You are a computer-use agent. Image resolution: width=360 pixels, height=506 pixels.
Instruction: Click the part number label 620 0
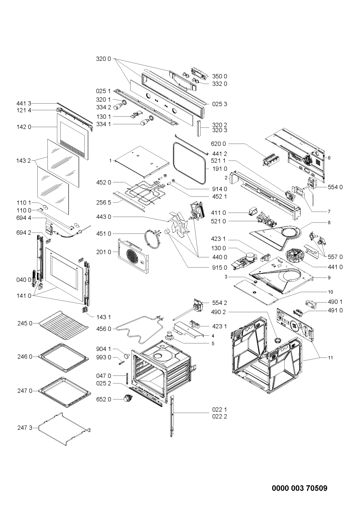tap(218, 144)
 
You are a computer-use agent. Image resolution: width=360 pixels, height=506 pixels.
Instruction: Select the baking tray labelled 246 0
tap(64, 358)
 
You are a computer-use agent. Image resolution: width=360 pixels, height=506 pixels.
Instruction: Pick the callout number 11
tap(331, 358)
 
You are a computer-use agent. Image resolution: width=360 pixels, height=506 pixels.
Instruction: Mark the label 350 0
tap(220, 76)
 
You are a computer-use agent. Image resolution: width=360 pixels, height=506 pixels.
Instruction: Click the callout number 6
tap(329, 158)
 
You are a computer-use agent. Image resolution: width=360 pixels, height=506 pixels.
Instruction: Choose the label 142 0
tap(24, 127)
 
